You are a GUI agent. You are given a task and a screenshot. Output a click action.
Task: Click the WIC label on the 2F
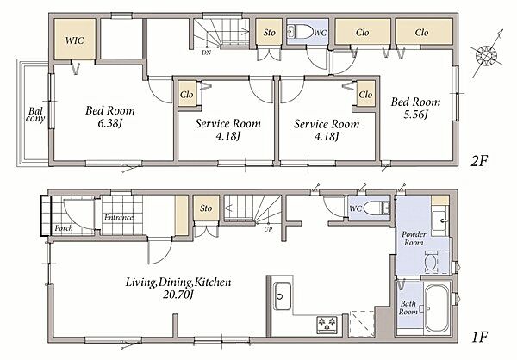75,40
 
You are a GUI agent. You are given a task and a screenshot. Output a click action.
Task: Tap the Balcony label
35,115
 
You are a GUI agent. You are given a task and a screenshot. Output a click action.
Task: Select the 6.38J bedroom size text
110,124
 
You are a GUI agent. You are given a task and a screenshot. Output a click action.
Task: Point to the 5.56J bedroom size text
416,115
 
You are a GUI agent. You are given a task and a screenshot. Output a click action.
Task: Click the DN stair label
207,53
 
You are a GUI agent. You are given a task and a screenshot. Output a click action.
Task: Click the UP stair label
268,229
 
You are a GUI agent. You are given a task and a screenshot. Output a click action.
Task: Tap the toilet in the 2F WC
300,32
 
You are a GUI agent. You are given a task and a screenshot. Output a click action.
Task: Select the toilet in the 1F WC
377,208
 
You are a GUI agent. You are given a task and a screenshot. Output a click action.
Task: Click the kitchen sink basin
283,296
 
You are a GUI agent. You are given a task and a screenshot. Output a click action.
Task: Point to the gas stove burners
327,323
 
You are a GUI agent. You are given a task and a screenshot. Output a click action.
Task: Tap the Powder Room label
414,239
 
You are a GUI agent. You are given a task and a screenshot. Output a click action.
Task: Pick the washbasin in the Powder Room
439,221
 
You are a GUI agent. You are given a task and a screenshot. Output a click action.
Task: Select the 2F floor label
478,161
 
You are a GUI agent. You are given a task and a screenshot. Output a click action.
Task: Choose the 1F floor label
479,338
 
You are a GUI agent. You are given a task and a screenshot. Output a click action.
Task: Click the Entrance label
119,218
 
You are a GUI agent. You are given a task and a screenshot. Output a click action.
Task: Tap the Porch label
64,228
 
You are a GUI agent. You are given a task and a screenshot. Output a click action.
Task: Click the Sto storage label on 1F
206,208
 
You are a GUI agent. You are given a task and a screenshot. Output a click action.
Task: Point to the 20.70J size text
178,295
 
